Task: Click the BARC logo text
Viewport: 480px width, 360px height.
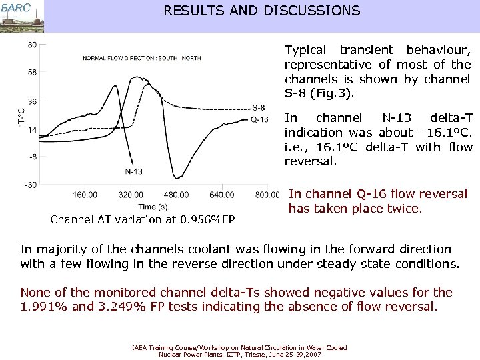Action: click(15, 7)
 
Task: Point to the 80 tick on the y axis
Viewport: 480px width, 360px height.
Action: click(32, 45)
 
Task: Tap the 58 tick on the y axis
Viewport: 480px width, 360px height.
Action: click(32, 73)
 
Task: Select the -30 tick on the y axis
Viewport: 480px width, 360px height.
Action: click(31, 185)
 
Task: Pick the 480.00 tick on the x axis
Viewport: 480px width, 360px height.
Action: click(175, 195)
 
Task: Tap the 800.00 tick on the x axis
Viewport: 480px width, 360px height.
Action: click(267, 195)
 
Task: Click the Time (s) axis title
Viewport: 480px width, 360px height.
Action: click(153, 207)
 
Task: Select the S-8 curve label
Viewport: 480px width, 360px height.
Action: click(259, 108)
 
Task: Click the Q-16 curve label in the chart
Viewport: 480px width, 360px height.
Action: click(259, 119)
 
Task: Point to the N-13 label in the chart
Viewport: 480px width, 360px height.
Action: click(133, 171)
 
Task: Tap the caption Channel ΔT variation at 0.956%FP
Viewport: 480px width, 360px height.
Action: click(143, 219)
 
